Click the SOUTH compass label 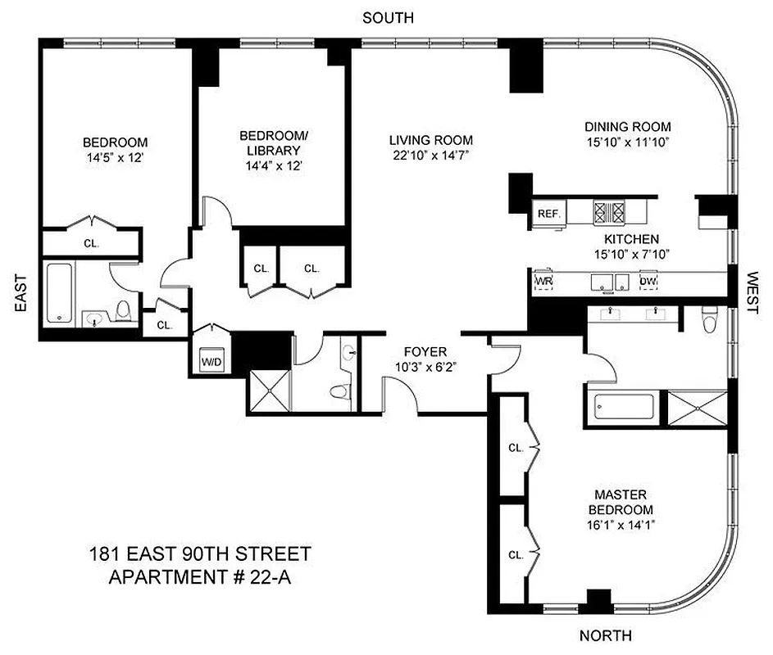tap(389, 17)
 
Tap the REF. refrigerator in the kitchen tap(548, 214)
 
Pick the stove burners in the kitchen tap(609, 212)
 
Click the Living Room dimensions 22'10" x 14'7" tap(430, 155)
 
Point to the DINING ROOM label tap(627, 126)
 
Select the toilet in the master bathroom tap(711, 318)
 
